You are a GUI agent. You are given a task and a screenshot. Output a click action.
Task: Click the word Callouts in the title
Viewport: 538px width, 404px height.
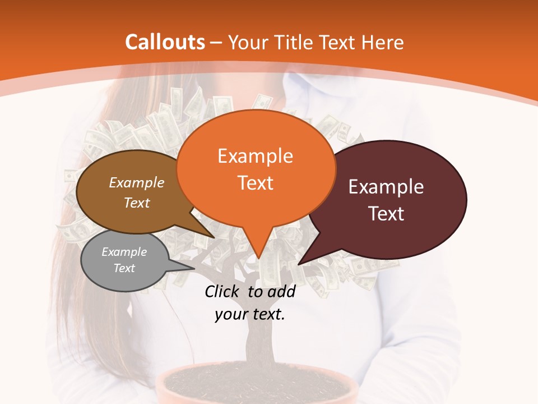[165, 42]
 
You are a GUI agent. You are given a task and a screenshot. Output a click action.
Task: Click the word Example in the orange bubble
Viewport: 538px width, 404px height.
[255, 155]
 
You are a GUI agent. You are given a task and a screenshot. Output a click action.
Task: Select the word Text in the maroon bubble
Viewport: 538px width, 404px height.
[386, 214]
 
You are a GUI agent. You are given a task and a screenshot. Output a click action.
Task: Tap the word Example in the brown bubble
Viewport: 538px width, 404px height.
[136, 182]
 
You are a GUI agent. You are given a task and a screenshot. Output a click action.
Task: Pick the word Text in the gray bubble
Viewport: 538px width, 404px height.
[124, 268]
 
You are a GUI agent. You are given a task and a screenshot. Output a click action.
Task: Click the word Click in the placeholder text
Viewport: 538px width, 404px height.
[223, 291]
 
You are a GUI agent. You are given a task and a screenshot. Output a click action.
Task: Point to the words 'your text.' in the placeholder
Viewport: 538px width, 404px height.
[250, 314]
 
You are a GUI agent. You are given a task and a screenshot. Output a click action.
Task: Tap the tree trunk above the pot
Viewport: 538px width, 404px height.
[259, 342]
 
